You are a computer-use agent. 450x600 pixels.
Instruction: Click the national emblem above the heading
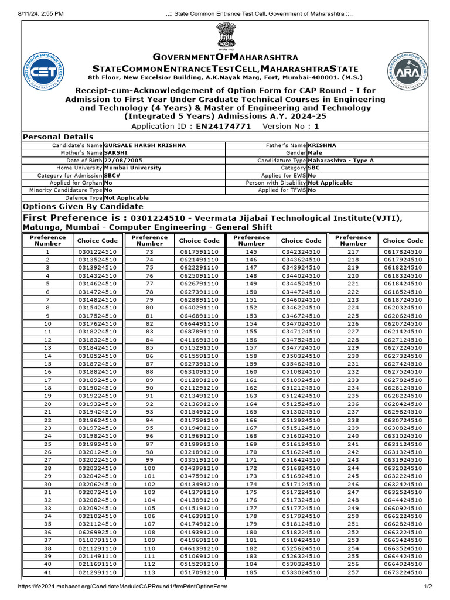pyautogui.click(x=224, y=37)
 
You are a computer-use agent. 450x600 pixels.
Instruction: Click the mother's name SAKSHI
pyautogui.click(x=115, y=152)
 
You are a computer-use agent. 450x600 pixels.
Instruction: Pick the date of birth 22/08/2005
pyautogui.click(x=122, y=160)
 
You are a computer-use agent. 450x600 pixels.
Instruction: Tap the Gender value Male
pyautogui.click(x=316, y=152)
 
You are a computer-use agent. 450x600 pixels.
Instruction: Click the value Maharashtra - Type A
pyautogui.click(x=340, y=160)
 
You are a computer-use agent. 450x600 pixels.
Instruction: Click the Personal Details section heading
pyautogui.click(x=57, y=137)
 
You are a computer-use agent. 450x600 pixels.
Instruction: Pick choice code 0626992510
pyautogui.click(x=98, y=548)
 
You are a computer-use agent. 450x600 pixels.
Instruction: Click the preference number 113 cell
pyautogui.click(x=149, y=572)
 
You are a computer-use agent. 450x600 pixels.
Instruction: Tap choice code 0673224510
pyautogui.click(x=403, y=572)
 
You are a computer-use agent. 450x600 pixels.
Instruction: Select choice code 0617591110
pyautogui.click(x=199, y=251)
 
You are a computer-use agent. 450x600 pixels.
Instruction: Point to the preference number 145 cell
pyautogui.click(x=251, y=251)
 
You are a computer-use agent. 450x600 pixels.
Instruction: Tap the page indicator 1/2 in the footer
pyautogui.click(x=428, y=587)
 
